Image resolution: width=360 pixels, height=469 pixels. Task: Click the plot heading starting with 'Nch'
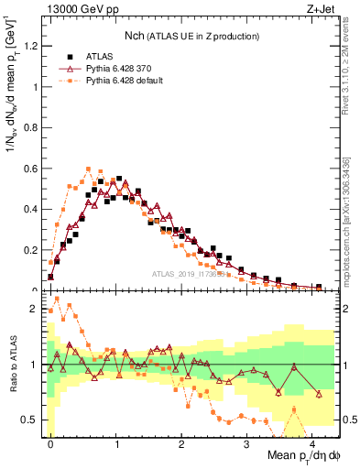pyautogui.click(x=191, y=36)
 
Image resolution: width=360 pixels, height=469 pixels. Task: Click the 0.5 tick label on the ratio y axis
pyautogui.click(x=32, y=420)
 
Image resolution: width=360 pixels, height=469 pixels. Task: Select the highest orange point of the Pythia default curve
pyautogui.click(x=88, y=169)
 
